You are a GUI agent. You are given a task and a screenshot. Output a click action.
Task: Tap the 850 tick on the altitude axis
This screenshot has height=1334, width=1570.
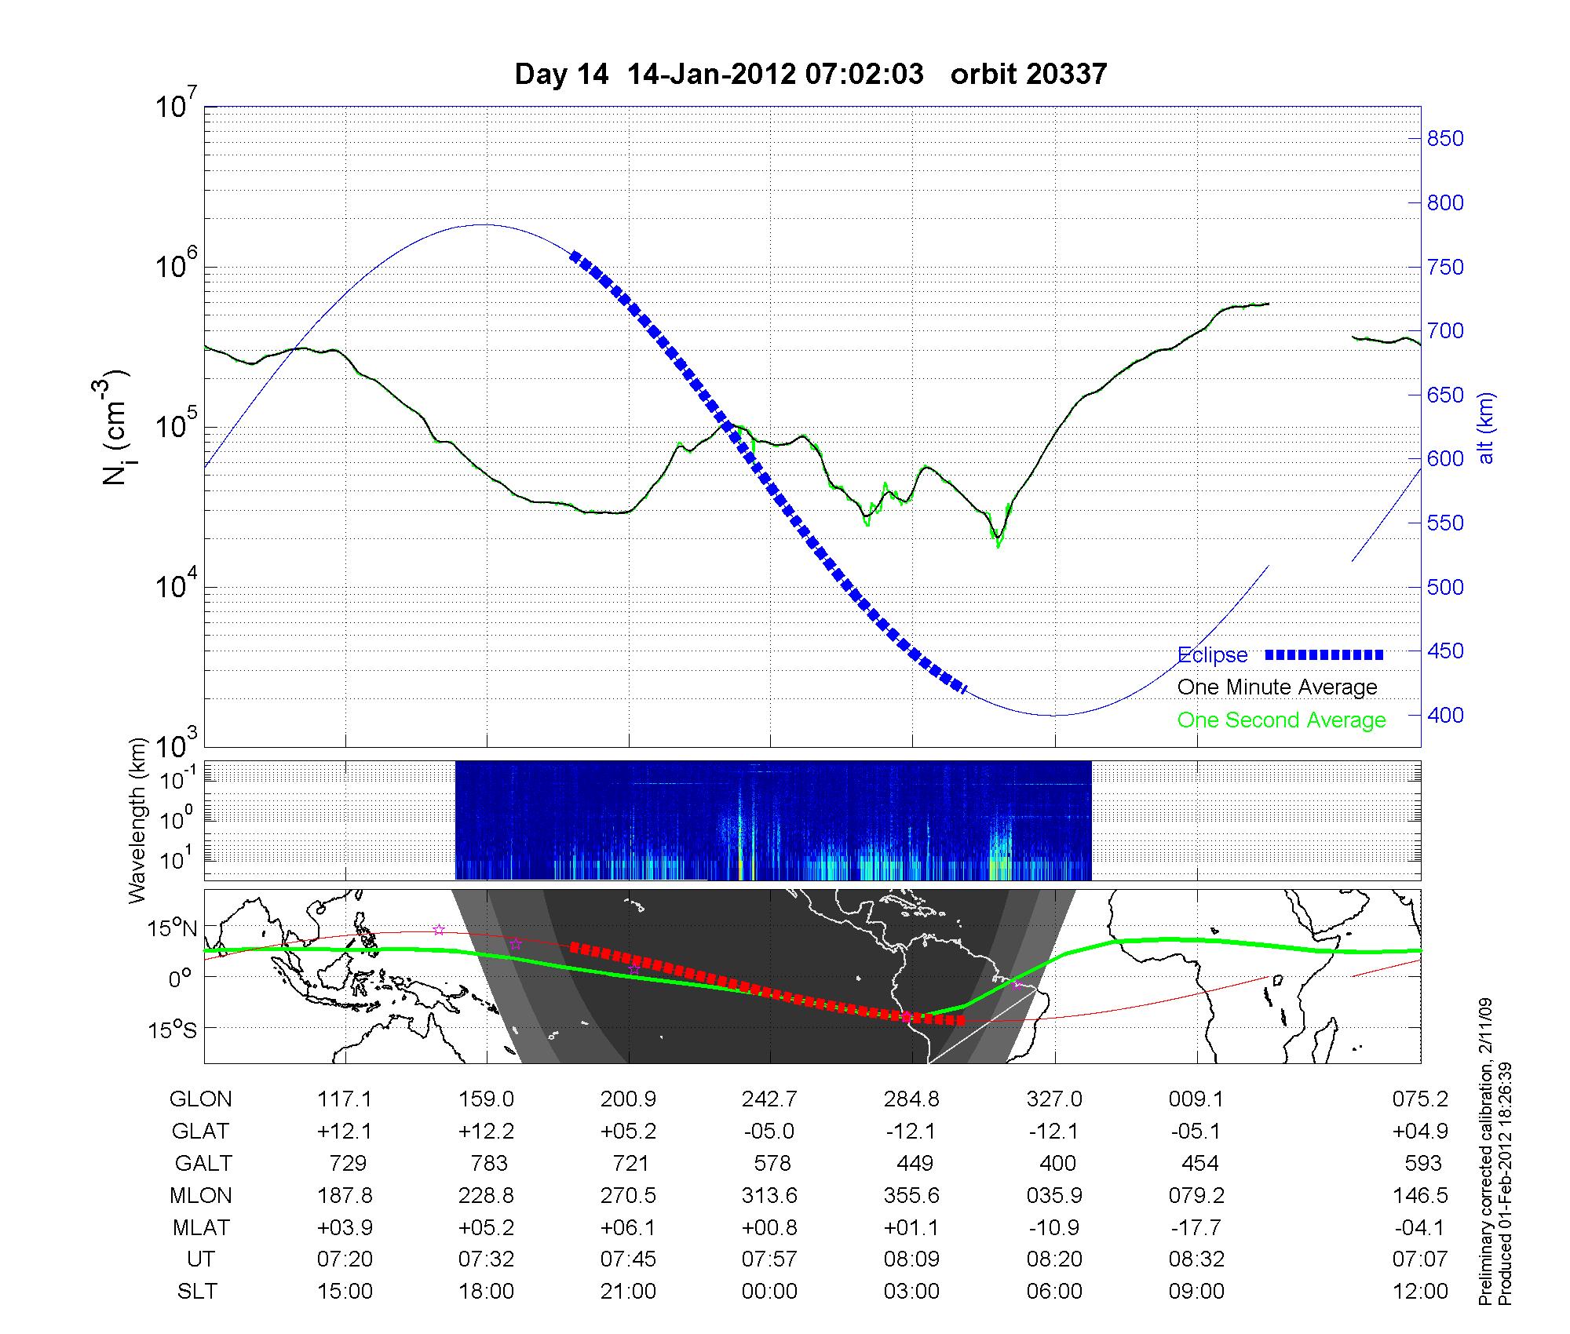pos(1445,139)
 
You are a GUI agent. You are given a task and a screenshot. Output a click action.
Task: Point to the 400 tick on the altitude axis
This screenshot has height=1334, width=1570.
pos(1445,716)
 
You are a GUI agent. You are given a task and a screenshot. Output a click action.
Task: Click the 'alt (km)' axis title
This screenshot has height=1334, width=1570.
pos(1486,428)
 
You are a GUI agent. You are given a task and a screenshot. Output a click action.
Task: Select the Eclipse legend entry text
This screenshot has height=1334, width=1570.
pos(1212,655)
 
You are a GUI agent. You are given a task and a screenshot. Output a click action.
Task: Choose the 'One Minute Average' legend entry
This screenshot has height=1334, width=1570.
pos(1277,687)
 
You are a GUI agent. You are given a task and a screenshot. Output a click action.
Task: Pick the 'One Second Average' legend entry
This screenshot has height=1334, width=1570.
pos(1281,720)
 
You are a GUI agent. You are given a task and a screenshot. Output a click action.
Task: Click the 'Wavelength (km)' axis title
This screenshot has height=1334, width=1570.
pos(138,820)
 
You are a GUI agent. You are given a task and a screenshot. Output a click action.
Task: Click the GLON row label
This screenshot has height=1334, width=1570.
pos(200,1099)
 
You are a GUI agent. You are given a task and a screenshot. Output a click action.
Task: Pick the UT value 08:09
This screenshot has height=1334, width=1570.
pos(911,1259)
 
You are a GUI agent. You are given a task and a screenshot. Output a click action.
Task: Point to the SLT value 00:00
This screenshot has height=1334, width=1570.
pos(769,1292)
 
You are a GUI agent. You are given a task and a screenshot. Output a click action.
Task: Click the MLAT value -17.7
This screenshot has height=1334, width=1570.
pos(1196,1227)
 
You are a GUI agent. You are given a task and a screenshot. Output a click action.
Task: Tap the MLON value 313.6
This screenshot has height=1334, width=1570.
pos(769,1196)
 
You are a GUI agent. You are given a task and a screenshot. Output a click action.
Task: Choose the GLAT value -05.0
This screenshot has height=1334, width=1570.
pos(769,1132)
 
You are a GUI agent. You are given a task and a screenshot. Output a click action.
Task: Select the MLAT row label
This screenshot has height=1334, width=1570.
pos(201,1227)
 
